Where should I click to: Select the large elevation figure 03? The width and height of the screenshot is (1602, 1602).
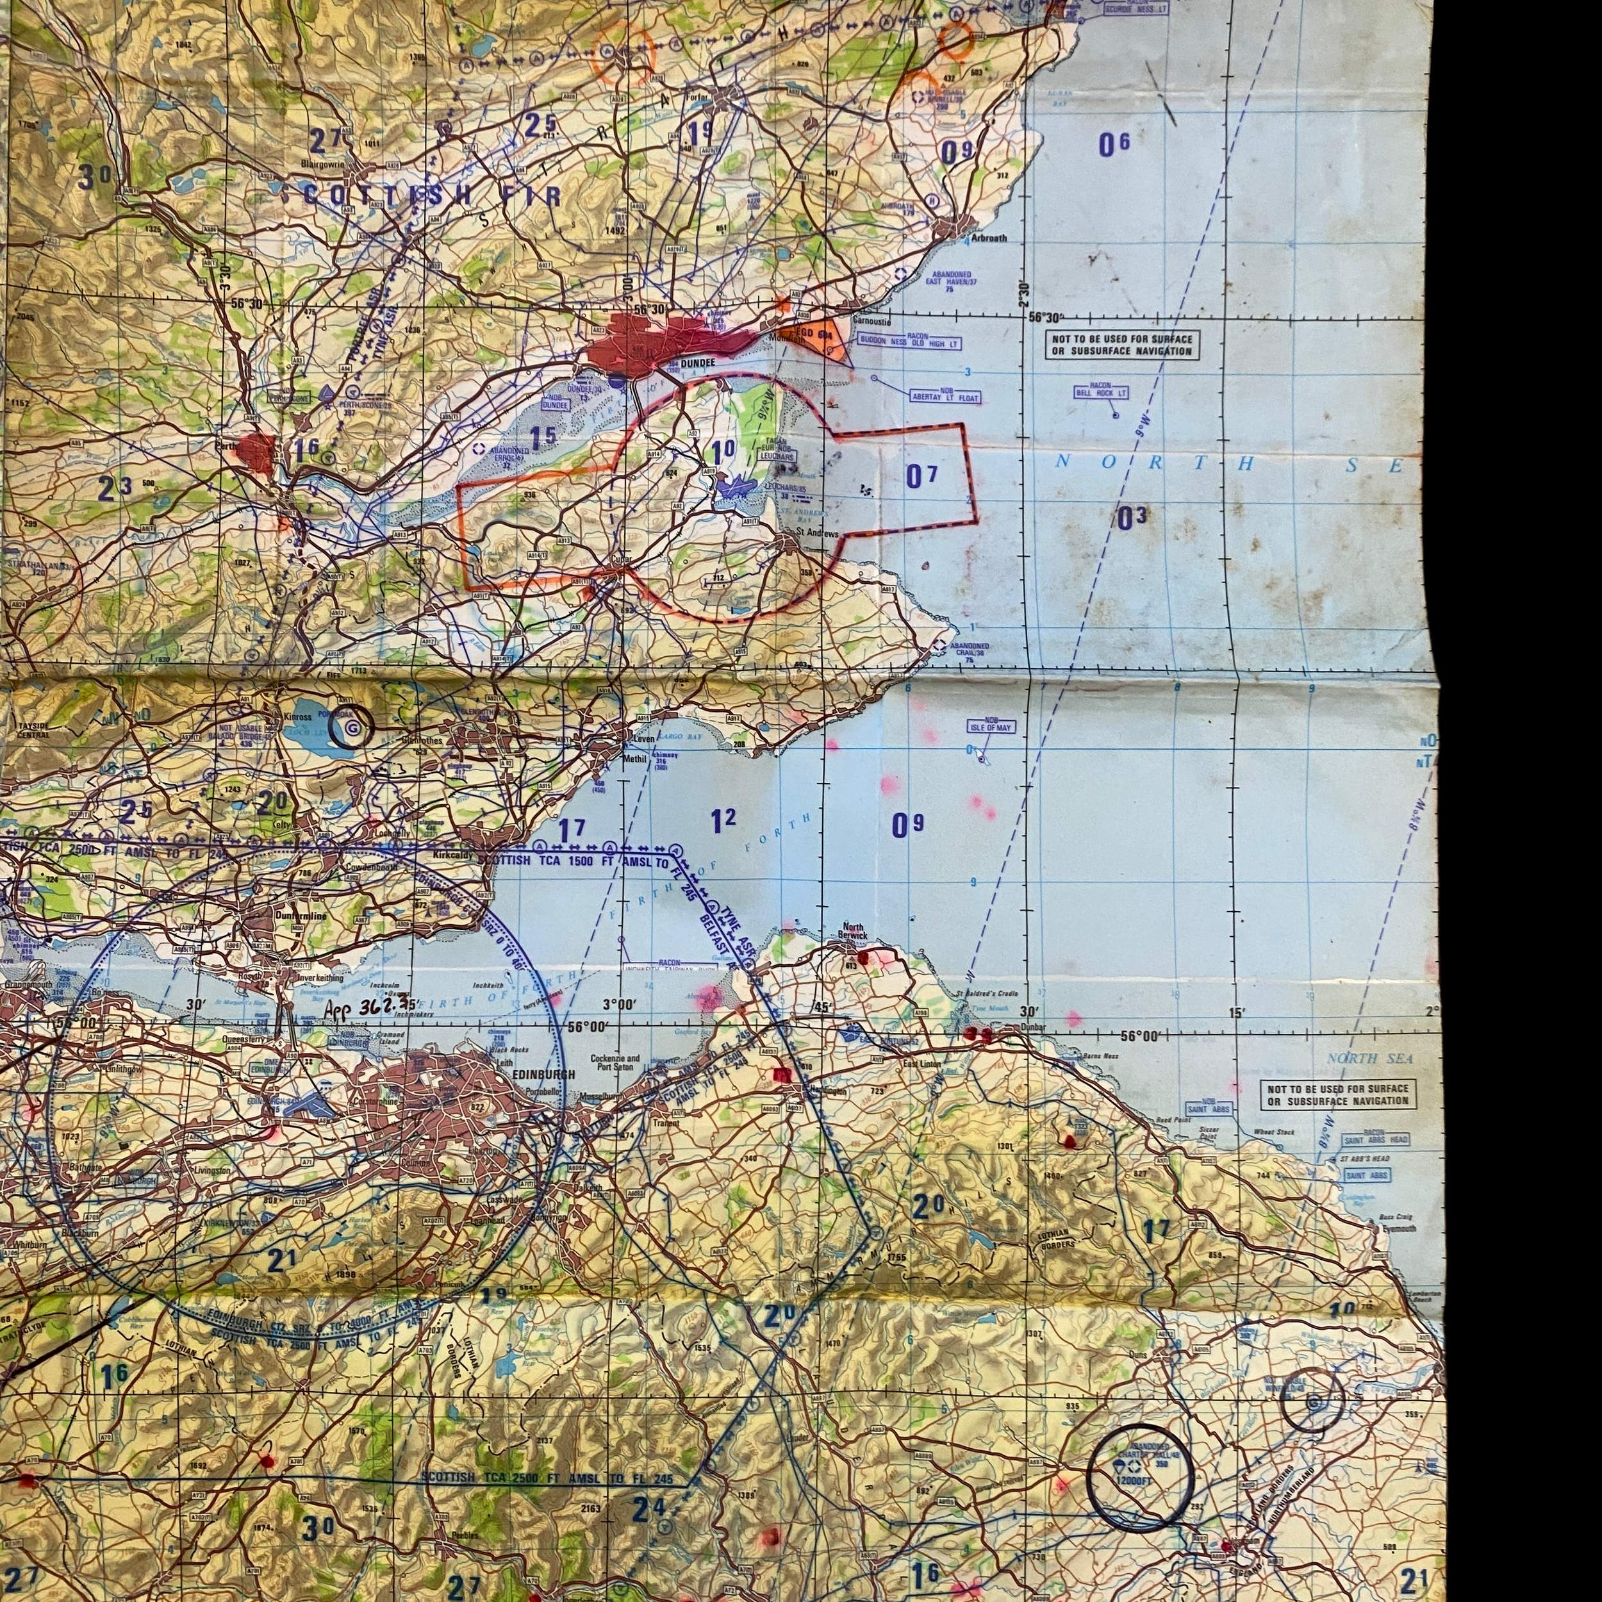coord(1131,518)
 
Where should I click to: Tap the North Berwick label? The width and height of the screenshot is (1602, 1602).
coord(852,931)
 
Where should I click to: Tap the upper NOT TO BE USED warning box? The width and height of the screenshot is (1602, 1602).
coord(1122,345)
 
